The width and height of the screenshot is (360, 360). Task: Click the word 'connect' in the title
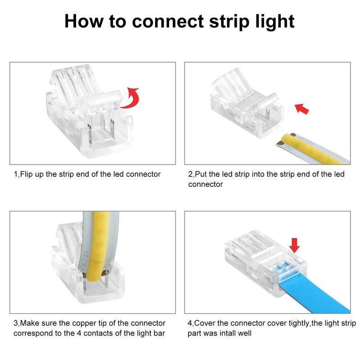point(168,21)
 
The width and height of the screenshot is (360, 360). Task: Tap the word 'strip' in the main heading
point(229,22)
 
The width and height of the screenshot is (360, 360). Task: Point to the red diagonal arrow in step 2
point(301,108)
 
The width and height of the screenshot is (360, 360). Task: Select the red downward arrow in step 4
point(294,245)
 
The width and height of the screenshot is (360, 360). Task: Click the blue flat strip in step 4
point(315,294)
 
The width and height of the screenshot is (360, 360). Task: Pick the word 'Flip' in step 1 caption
point(26,174)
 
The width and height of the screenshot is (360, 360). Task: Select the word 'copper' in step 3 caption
point(83,324)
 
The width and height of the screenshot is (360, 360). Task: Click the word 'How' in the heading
point(84,21)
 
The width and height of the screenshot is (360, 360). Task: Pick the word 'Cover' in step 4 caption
point(205,324)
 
